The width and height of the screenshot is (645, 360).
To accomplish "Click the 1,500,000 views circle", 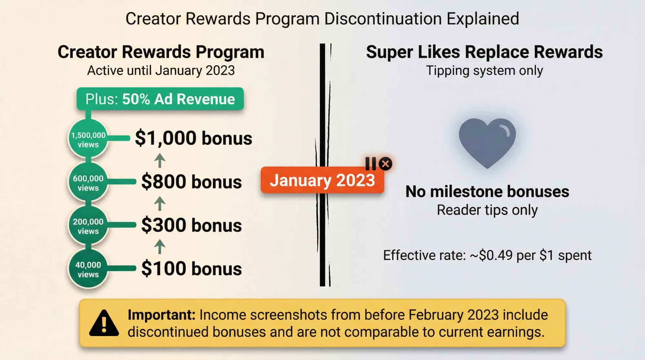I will (88, 139).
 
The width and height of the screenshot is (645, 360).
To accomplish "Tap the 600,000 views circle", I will (88, 183).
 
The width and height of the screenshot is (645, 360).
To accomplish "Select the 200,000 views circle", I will (88, 226).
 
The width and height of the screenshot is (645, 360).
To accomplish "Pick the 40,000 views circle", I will (88, 269).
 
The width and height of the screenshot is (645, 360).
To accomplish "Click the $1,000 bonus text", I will (193, 138).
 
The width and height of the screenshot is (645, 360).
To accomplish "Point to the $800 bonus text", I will (191, 182).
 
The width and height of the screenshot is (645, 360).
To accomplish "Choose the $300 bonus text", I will (191, 225).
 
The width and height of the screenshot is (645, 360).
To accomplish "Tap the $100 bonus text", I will (191, 269).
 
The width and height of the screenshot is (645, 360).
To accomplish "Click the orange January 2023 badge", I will (322, 180).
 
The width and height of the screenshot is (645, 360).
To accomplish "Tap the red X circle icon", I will (385, 164).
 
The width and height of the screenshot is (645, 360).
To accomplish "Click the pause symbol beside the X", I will (371, 164).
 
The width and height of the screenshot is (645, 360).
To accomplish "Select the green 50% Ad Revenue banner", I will (160, 99).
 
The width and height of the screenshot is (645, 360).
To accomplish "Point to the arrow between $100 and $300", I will (160, 247).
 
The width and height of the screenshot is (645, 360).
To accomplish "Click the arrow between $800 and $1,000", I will (160, 160).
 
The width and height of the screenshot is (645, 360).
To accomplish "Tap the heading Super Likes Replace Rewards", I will (484, 52).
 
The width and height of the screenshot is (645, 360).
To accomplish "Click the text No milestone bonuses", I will (487, 192).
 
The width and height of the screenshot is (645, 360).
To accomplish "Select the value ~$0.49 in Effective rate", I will (491, 255).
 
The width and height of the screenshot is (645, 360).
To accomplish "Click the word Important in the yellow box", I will (161, 315).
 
